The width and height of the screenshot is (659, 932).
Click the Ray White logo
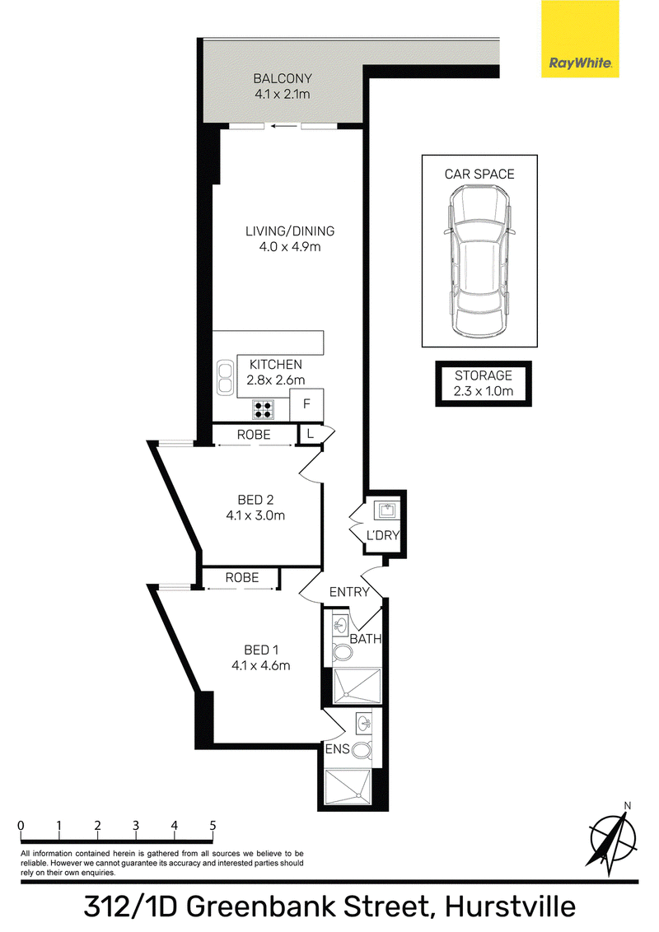580,39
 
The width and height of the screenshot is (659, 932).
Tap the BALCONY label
283,78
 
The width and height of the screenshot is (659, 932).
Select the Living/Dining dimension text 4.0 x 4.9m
290,247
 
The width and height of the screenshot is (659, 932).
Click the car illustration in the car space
479,259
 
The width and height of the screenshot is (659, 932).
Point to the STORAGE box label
484,375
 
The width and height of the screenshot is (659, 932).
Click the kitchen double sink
225,377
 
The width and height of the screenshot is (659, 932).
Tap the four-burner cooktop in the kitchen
264,409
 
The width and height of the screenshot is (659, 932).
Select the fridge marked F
307,404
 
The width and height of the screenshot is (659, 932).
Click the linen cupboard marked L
310,435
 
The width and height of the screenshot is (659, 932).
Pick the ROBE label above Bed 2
254,435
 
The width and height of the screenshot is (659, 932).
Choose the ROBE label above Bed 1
242,577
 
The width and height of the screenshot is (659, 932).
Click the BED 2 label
255,500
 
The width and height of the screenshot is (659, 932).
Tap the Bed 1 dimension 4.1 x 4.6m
261,665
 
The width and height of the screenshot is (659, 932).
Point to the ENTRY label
349,591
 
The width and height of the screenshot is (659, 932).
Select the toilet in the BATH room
341,653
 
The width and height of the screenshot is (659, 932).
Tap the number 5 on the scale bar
213,825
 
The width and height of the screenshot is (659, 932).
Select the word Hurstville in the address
511,907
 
